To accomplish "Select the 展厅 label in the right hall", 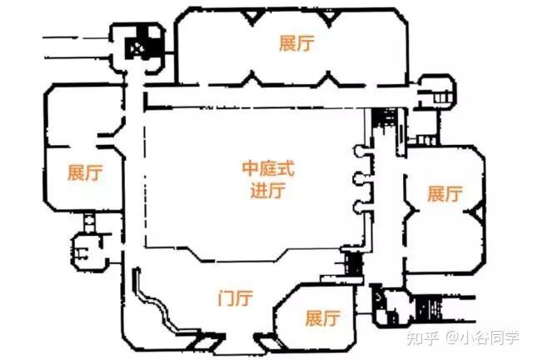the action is (444, 194).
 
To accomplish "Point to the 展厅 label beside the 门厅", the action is (323, 318).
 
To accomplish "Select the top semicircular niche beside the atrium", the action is (360, 152).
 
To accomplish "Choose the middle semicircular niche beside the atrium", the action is (360, 179).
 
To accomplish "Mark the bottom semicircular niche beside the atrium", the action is (360, 207).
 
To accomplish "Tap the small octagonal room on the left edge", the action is (86, 247).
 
